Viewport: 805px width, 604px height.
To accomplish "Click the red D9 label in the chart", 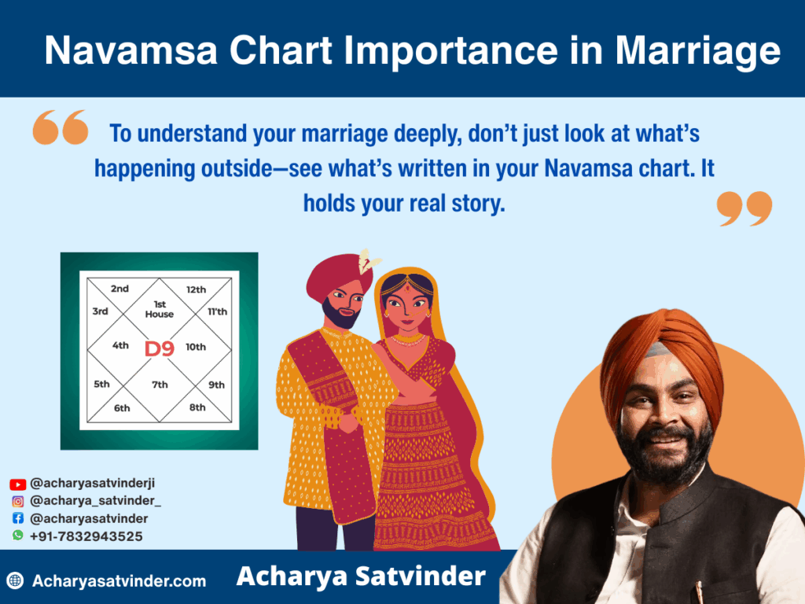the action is click(159, 348).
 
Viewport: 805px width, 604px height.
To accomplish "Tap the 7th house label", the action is click(160, 384).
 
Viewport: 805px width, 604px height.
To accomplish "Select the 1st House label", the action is click(159, 309).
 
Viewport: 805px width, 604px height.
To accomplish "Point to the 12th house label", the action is click(196, 289).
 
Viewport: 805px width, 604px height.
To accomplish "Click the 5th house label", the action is click(101, 384).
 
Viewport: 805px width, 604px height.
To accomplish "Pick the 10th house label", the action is click(196, 347).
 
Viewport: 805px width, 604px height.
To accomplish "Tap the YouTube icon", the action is click(17, 484).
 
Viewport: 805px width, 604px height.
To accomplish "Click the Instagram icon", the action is click(18, 501).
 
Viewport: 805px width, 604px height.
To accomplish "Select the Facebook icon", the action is click(18, 518).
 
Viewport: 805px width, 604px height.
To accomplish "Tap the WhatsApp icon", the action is click(18, 535).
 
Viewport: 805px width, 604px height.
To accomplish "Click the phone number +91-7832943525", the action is click(86, 536).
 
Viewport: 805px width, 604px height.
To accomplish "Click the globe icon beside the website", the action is click(16, 580).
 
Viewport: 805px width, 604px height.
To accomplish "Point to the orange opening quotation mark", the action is click(60, 127).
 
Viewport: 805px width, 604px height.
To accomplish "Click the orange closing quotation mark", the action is click(744, 208).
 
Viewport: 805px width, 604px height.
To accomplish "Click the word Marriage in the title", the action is click(698, 51).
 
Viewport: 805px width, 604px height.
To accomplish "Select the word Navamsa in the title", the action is click(131, 50).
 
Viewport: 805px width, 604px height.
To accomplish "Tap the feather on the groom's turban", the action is click(368, 260).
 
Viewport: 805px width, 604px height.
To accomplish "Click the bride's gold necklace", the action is click(408, 340).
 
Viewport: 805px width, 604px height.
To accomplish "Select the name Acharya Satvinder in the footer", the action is click(361, 576).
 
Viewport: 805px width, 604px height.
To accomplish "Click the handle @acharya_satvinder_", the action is click(95, 501).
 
